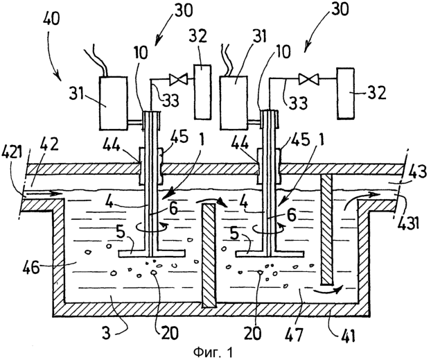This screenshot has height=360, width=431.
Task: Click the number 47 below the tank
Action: point(294,334)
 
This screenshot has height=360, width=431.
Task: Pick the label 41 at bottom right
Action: point(346,334)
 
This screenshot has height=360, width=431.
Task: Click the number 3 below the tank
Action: point(107,334)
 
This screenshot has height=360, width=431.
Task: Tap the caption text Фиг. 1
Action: point(213,352)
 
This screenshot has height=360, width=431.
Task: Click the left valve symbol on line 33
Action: point(178,79)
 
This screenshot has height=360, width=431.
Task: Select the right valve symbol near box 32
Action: point(308,79)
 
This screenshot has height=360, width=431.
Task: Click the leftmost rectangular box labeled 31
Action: point(113,103)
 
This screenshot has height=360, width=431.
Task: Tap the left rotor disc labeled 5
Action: point(152,253)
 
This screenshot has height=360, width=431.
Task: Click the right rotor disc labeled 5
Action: point(270,253)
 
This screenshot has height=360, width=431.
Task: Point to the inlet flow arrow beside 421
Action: point(44,194)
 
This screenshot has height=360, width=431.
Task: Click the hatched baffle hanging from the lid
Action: point(326,230)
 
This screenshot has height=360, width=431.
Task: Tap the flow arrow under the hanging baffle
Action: point(328,289)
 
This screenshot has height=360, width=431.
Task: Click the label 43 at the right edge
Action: point(418,173)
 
